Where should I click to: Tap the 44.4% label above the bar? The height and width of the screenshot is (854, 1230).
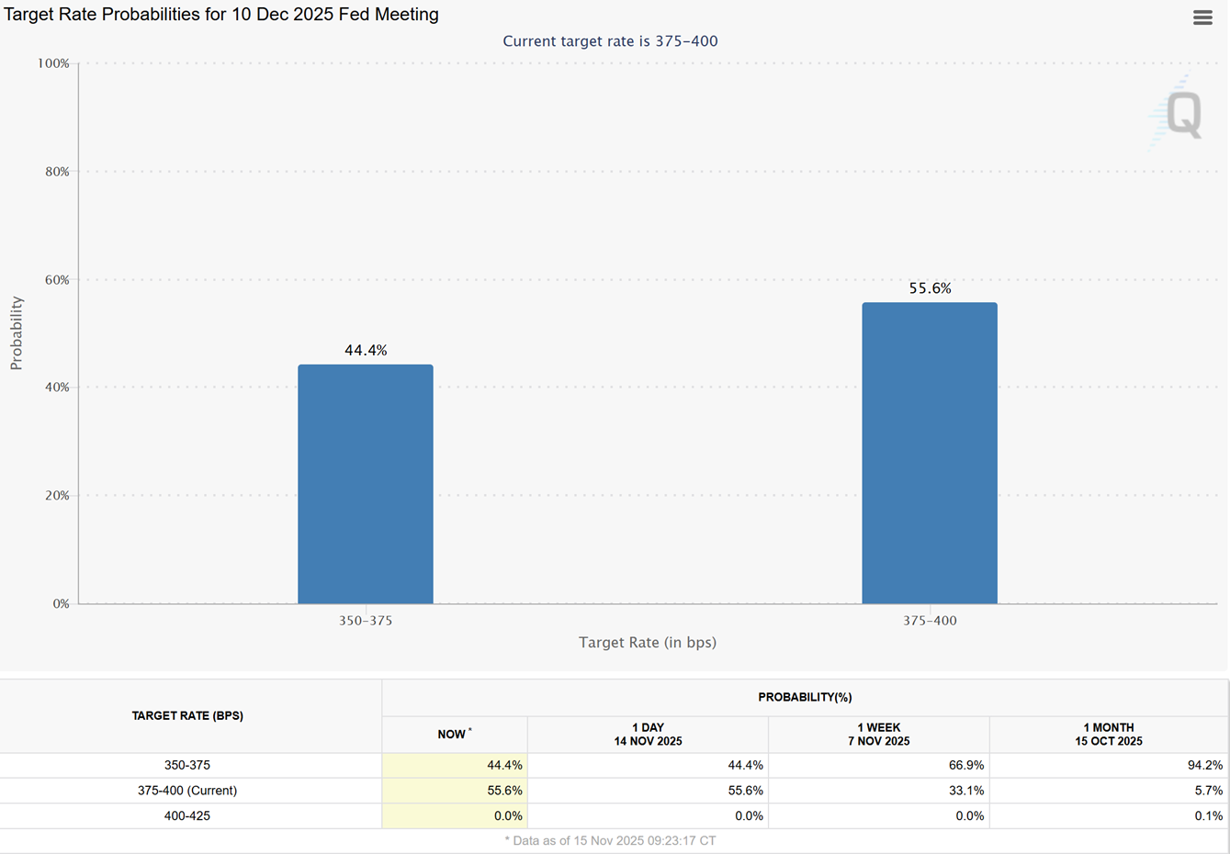pyautogui.click(x=366, y=350)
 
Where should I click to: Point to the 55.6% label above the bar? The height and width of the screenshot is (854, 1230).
pyautogui.click(x=930, y=288)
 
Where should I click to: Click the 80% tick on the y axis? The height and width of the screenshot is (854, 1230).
pyautogui.click(x=57, y=172)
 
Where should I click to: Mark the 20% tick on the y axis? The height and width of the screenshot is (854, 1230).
pyautogui.click(x=57, y=495)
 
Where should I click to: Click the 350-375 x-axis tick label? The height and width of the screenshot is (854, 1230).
pyautogui.click(x=365, y=621)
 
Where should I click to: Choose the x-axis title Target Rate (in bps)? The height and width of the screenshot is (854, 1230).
pyautogui.click(x=647, y=642)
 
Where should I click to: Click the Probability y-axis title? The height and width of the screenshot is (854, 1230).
pyautogui.click(x=16, y=333)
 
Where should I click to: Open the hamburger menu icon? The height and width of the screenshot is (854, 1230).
pyautogui.click(x=1202, y=17)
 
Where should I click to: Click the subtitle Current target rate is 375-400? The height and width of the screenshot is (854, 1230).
pyautogui.click(x=610, y=41)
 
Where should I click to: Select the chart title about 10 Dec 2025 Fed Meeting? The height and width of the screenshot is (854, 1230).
pyautogui.click(x=221, y=15)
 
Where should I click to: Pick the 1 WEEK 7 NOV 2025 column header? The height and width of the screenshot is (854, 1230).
pyautogui.click(x=878, y=735)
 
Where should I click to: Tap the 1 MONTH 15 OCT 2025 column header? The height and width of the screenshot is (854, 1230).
pyautogui.click(x=1108, y=735)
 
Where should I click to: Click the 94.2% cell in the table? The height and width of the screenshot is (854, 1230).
pyautogui.click(x=1204, y=765)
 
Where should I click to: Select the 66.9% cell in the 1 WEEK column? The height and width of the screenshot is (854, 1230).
pyautogui.click(x=966, y=765)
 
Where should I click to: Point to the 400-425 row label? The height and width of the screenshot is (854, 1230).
pyautogui.click(x=187, y=815)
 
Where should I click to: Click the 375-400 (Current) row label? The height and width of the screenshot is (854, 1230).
pyautogui.click(x=187, y=791)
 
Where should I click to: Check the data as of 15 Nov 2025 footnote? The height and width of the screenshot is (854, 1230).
pyautogui.click(x=610, y=840)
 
